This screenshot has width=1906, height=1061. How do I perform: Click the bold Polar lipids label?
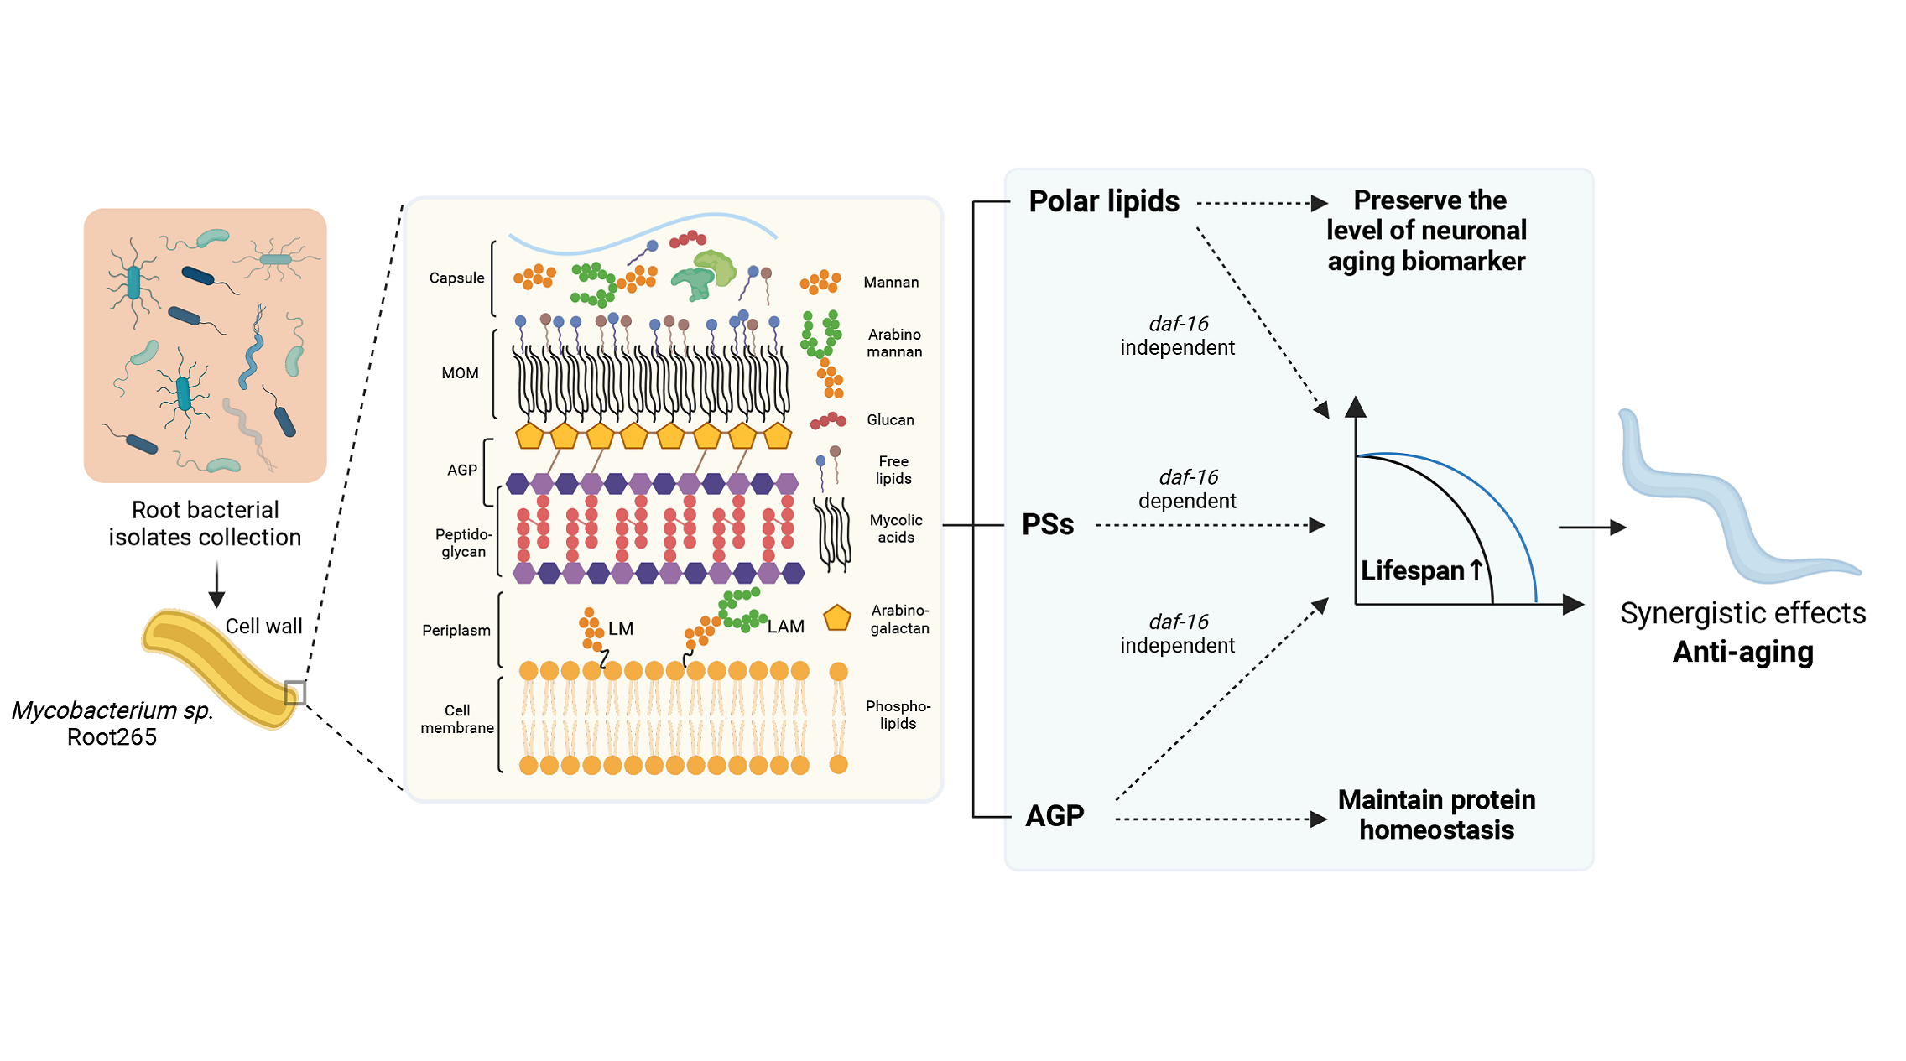click(1103, 202)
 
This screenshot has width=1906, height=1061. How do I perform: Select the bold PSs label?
click(1048, 525)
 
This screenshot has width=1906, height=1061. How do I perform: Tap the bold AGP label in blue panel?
click(1055, 815)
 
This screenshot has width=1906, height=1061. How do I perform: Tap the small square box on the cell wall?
click(294, 693)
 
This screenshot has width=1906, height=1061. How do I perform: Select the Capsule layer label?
click(456, 278)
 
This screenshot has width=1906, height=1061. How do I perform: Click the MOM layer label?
click(460, 373)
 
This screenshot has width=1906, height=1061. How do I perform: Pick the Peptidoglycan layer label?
click(463, 544)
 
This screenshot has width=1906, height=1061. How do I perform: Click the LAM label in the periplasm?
click(785, 627)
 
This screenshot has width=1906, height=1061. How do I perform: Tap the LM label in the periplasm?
click(621, 629)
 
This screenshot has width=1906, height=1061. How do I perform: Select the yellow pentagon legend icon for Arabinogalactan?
click(837, 618)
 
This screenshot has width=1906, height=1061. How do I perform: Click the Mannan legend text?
click(891, 283)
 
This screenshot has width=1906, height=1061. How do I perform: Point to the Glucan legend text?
click(890, 420)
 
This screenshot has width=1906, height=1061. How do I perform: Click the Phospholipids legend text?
click(898, 715)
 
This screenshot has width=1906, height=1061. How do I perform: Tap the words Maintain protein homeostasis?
click(1436, 814)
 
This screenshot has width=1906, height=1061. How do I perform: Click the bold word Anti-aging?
click(1742, 653)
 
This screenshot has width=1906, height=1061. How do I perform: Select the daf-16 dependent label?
click(1187, 489)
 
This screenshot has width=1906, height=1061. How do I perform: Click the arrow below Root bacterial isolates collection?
click(216, 585)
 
